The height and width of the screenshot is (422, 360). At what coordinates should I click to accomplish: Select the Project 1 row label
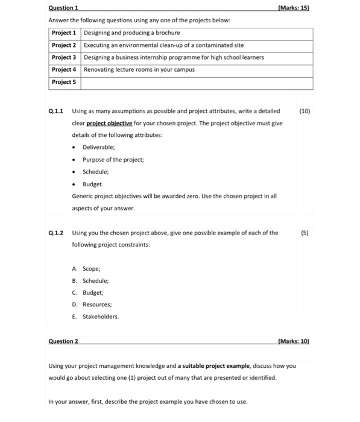pos(64,33)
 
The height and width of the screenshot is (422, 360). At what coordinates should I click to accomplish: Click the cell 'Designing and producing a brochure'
pos(131,33)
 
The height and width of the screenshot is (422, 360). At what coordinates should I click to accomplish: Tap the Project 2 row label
pos(64,45)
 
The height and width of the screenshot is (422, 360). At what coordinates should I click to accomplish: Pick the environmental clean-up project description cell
pos(163,45)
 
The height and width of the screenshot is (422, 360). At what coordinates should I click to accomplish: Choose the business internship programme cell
pos(174,57)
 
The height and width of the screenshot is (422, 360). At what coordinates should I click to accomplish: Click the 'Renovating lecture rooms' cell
pos(139,69)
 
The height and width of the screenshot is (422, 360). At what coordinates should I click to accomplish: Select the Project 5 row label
pos(64,82)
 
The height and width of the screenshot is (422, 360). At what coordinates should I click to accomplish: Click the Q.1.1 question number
pos(56,111)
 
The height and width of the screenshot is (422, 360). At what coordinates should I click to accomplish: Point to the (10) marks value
pos(303,111)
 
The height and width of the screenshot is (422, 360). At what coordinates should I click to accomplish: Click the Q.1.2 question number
pos(56,233)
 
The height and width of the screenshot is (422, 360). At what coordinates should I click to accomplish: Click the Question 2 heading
pos(63,341)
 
